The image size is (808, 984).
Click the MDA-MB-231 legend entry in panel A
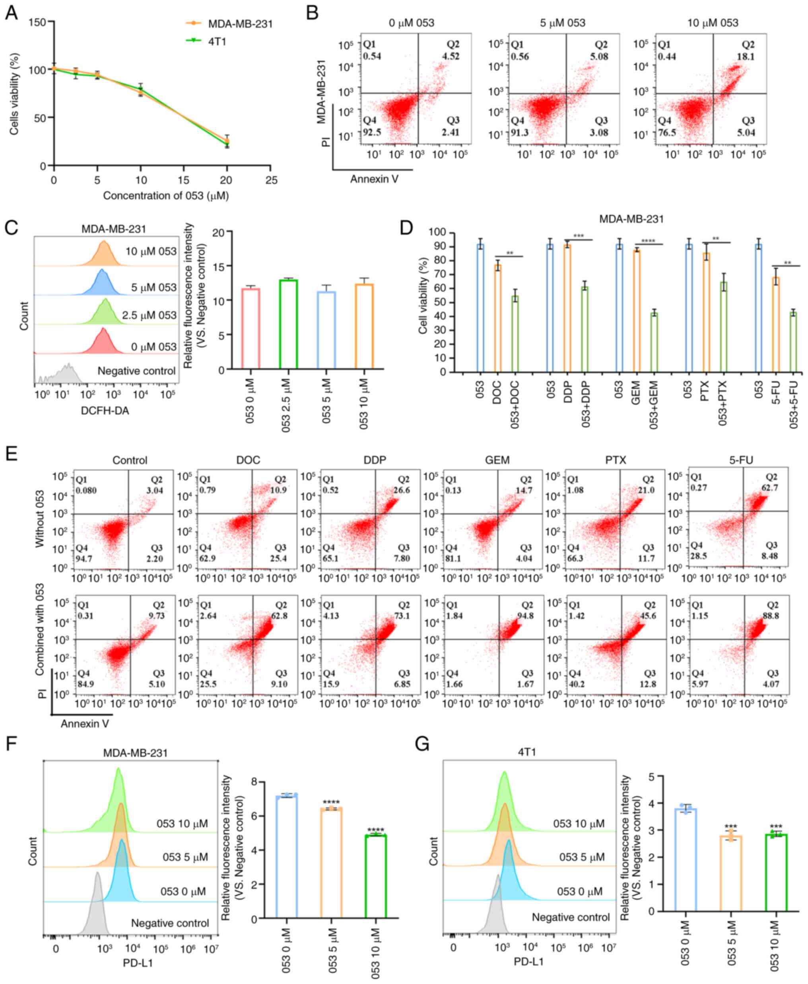[x=240, y=24]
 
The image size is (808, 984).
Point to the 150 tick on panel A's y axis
[x=38, y=22]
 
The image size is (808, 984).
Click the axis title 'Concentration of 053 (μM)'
[x=166, y=196]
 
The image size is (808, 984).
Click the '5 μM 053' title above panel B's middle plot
[x=563, y=22]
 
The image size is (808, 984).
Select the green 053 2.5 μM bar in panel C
[x=288, y=324]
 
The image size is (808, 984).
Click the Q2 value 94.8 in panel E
[x=527, y=616]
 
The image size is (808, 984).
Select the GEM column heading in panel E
[x=497, y=460]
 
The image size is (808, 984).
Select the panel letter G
[x=421, y=744]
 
